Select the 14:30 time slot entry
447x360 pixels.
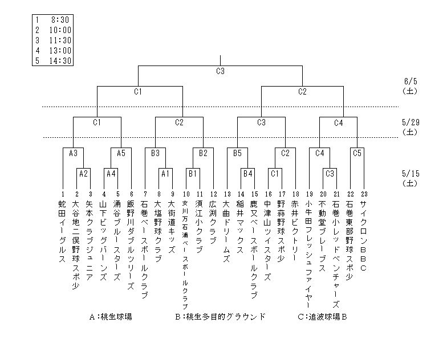coord(59,61)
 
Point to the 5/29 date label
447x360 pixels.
coord(410,122)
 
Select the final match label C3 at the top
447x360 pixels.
coord(220,71)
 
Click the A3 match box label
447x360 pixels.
coord(72,153)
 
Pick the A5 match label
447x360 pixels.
coord(121,153)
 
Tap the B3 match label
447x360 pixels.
coord(155,153)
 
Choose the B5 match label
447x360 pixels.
coord(237,153)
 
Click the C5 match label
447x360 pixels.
coord(357,153)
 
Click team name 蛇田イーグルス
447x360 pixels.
coord(62,230)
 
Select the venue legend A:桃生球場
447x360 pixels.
coord(112,317)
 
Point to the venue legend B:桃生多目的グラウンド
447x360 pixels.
coord(220,317)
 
